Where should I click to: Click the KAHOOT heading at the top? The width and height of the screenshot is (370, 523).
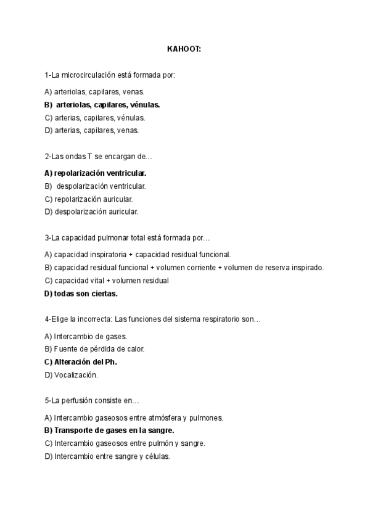pos(184,48)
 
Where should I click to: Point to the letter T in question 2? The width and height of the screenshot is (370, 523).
pos(90,157)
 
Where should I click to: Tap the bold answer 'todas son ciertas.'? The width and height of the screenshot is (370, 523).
pos(85,293)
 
